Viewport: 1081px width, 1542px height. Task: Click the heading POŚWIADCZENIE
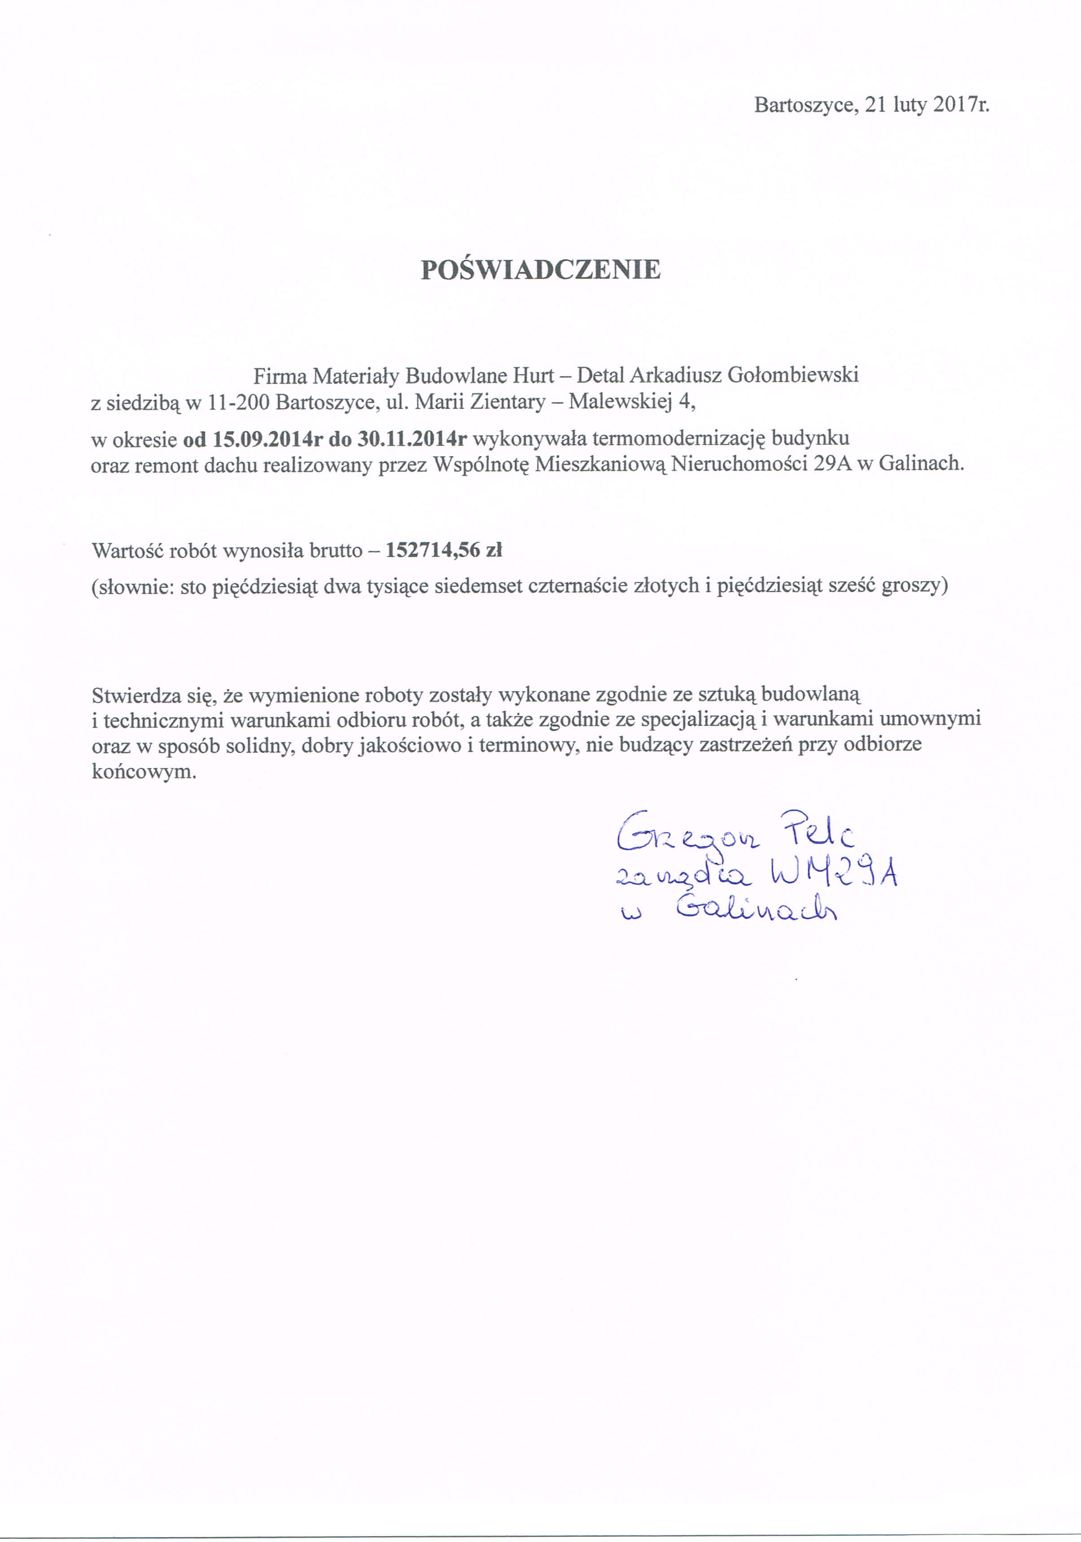pyautogui.click(x=540, y=269)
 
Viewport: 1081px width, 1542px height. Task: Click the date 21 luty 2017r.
pyautogui.click(x=927, y=105)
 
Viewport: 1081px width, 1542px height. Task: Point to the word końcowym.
pyautogui.click(x=144, y=771)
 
